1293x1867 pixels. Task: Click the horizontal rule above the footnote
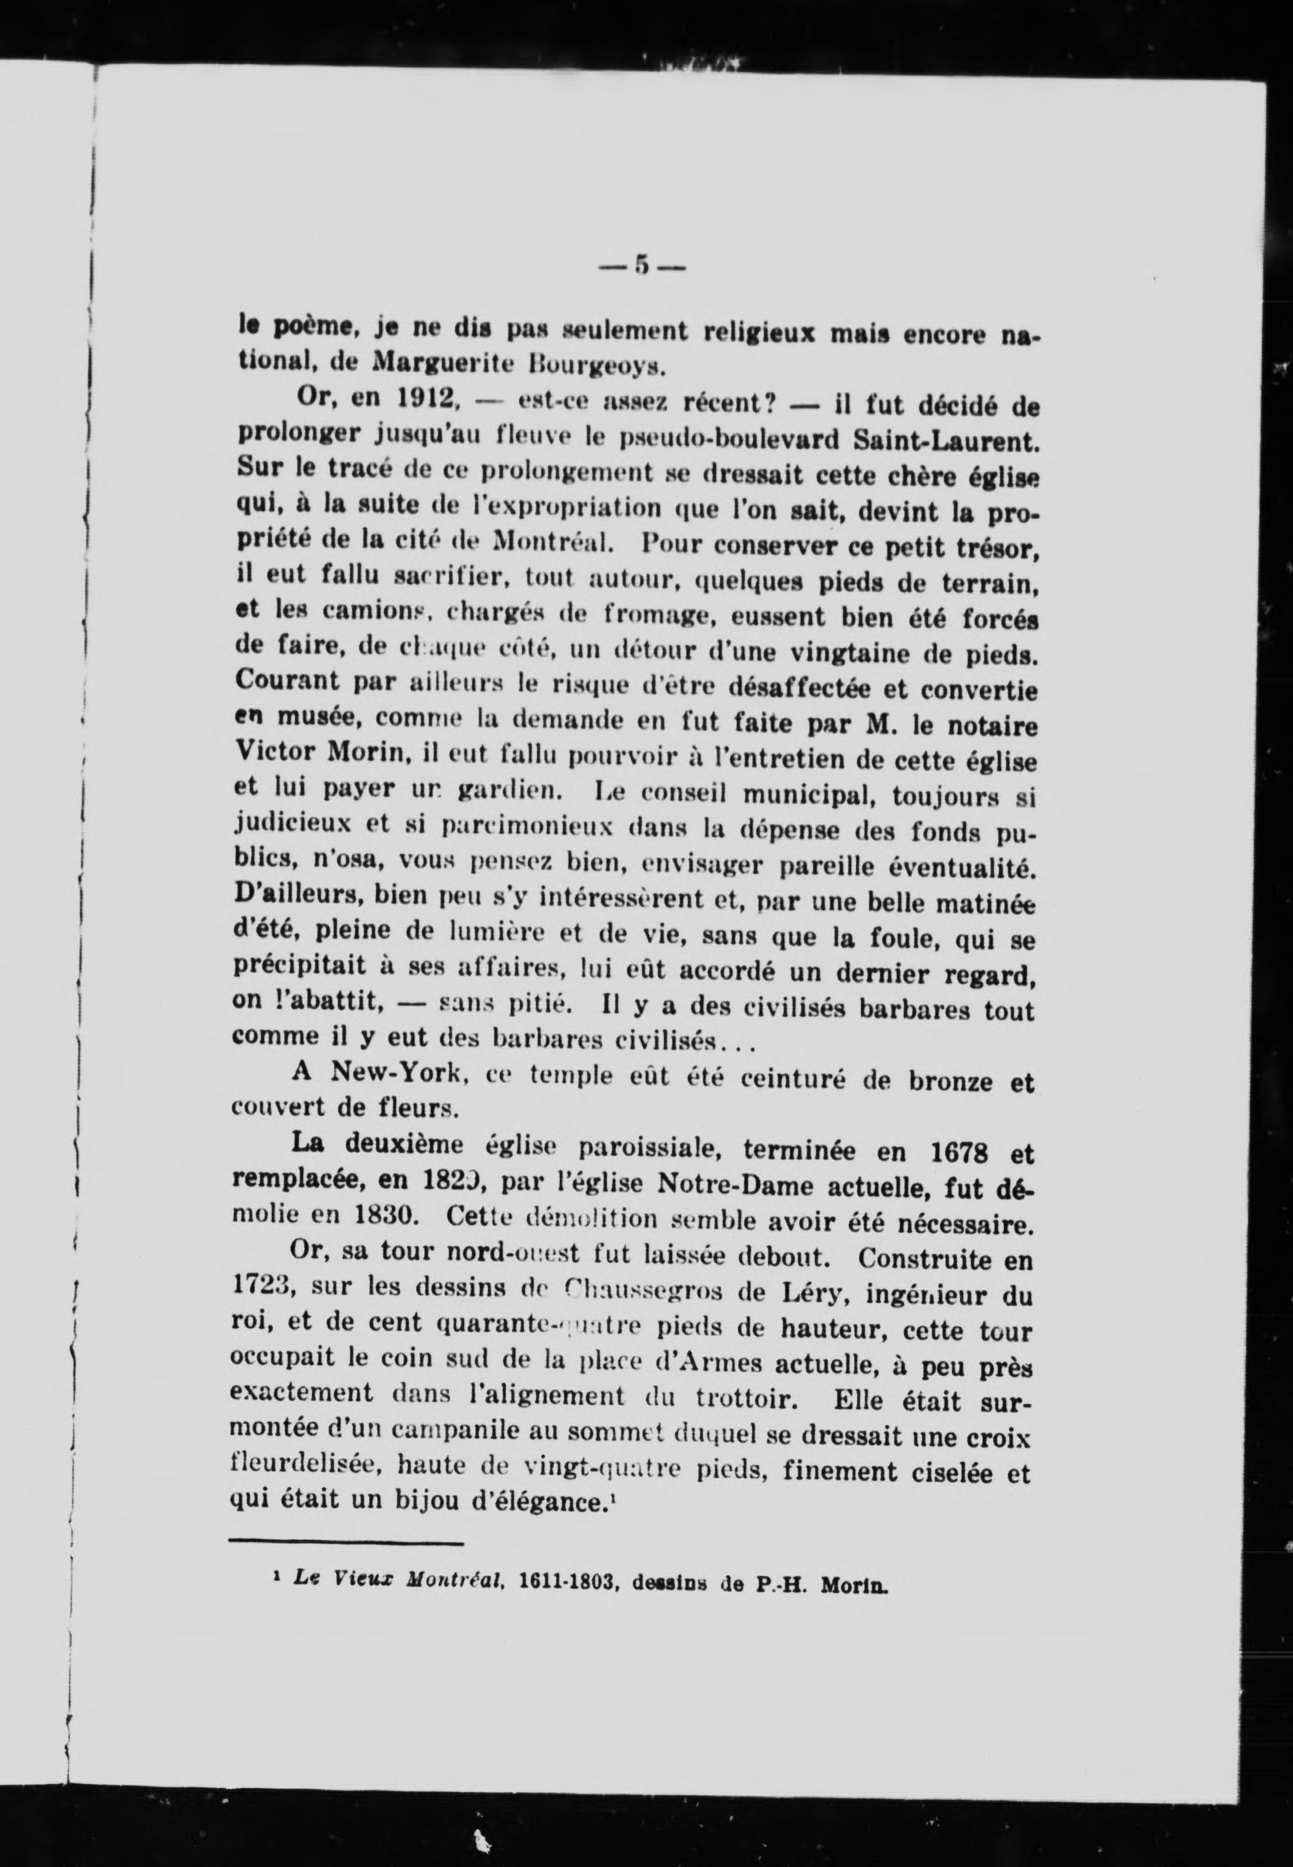click(x=346, y=1543)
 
